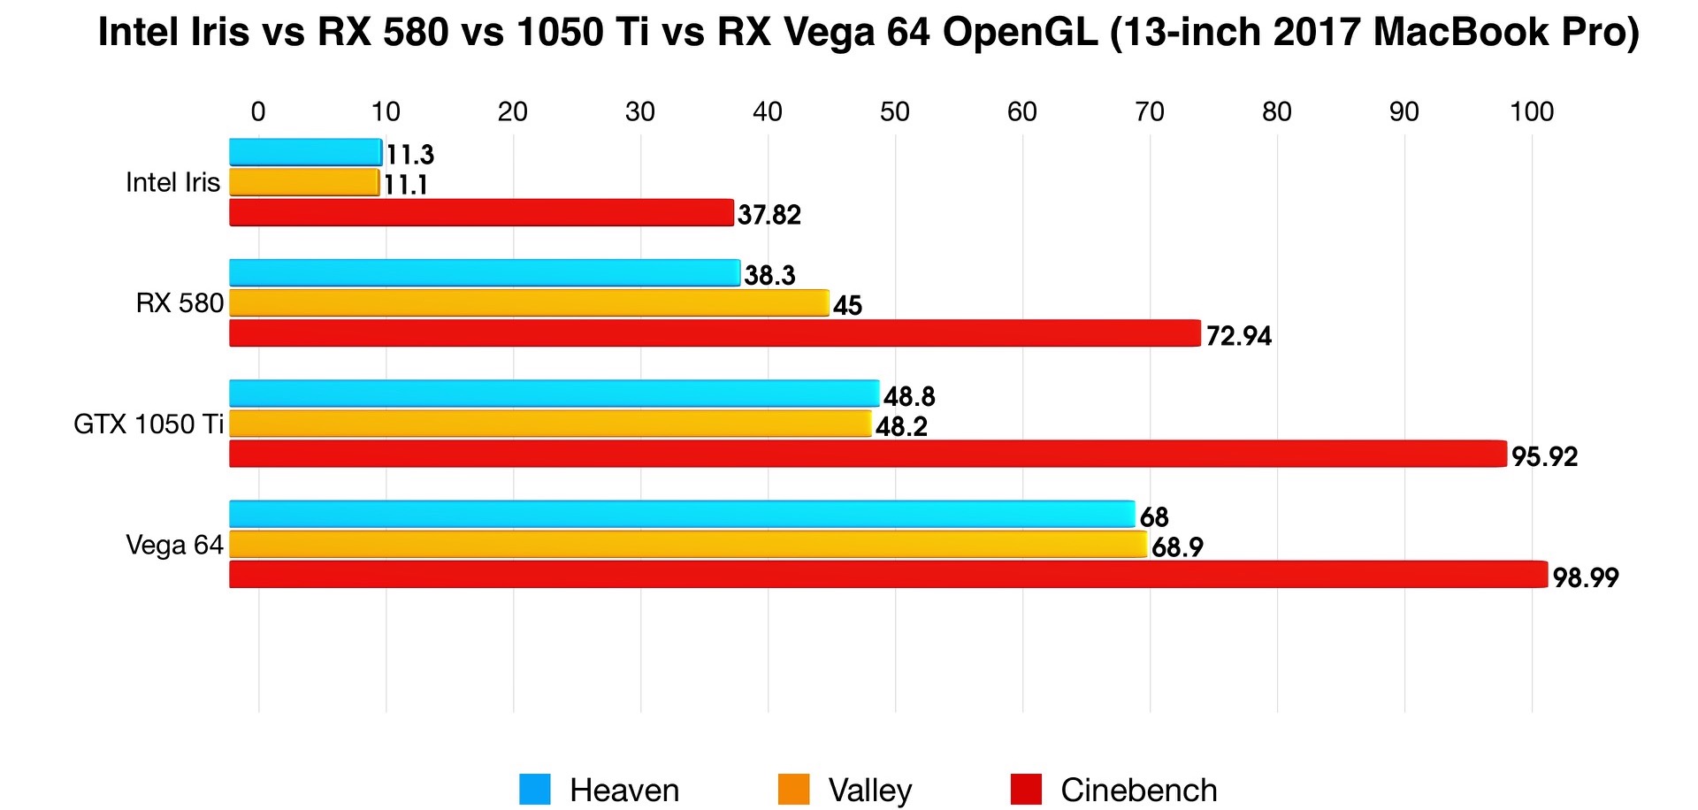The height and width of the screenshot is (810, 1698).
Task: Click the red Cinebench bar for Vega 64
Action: [888, 575]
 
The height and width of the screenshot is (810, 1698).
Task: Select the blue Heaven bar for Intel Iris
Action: [305, 152]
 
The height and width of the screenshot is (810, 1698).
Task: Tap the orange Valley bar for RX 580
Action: [529, 303]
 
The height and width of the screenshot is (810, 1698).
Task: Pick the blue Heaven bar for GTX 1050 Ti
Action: [554, 394]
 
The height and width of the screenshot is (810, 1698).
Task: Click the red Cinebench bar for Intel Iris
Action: [481, 213]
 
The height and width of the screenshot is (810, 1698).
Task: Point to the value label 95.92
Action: [1544, 457]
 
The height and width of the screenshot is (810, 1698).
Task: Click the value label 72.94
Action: [1238, 336]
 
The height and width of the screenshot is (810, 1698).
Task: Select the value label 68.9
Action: [1177, 547]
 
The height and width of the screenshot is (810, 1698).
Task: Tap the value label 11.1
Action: [406, 185]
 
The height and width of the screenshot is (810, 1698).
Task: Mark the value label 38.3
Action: [769, 276]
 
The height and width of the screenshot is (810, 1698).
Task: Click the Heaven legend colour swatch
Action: [534, 789]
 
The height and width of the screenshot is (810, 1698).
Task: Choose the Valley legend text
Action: [869, 790]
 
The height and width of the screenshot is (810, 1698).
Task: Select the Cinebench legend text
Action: [1138, 790]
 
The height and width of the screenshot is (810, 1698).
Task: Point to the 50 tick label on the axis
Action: [894, 112]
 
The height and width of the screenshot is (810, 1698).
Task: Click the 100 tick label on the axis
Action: [1531, 112]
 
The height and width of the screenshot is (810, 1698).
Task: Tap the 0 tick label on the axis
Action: [258, 112]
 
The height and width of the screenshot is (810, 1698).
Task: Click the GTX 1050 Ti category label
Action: [148, 424]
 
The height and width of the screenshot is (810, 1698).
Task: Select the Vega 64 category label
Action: [174, 545]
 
